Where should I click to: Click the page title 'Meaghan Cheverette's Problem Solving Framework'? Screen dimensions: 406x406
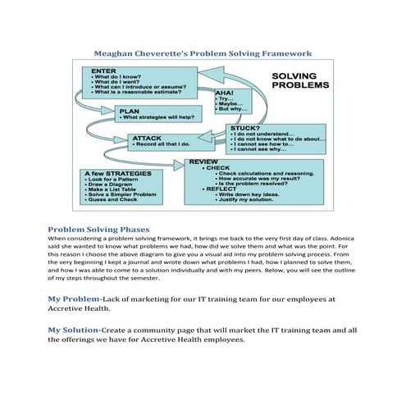[203, 53]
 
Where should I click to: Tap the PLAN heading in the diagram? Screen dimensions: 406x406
[129, 110]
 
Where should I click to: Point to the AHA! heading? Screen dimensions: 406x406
[224, 93]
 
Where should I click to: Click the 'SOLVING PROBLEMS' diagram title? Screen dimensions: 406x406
[300, 79]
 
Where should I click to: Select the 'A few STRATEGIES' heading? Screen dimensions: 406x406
[115, 174]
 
